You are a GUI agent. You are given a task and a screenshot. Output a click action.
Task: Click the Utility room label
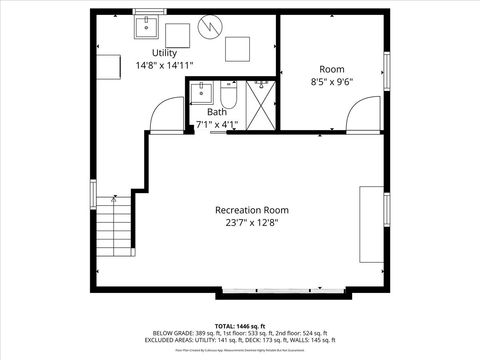coord(165,52)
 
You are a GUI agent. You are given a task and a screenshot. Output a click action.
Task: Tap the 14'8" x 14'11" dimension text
coord(165,65)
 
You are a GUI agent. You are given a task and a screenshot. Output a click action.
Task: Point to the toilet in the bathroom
coord(228,98)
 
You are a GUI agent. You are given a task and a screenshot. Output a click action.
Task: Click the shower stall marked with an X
coord(261,105)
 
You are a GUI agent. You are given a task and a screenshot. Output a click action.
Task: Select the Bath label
coord(217,113)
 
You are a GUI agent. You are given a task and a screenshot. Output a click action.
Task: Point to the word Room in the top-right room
coord(331,69)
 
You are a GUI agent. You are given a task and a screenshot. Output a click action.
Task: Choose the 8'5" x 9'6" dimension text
coord(331,83)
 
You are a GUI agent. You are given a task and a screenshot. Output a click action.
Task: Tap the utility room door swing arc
coord(163,118)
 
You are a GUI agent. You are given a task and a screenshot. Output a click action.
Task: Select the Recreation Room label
coord(252,210)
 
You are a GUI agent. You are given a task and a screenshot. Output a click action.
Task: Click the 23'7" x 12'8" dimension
coord(252,224)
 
